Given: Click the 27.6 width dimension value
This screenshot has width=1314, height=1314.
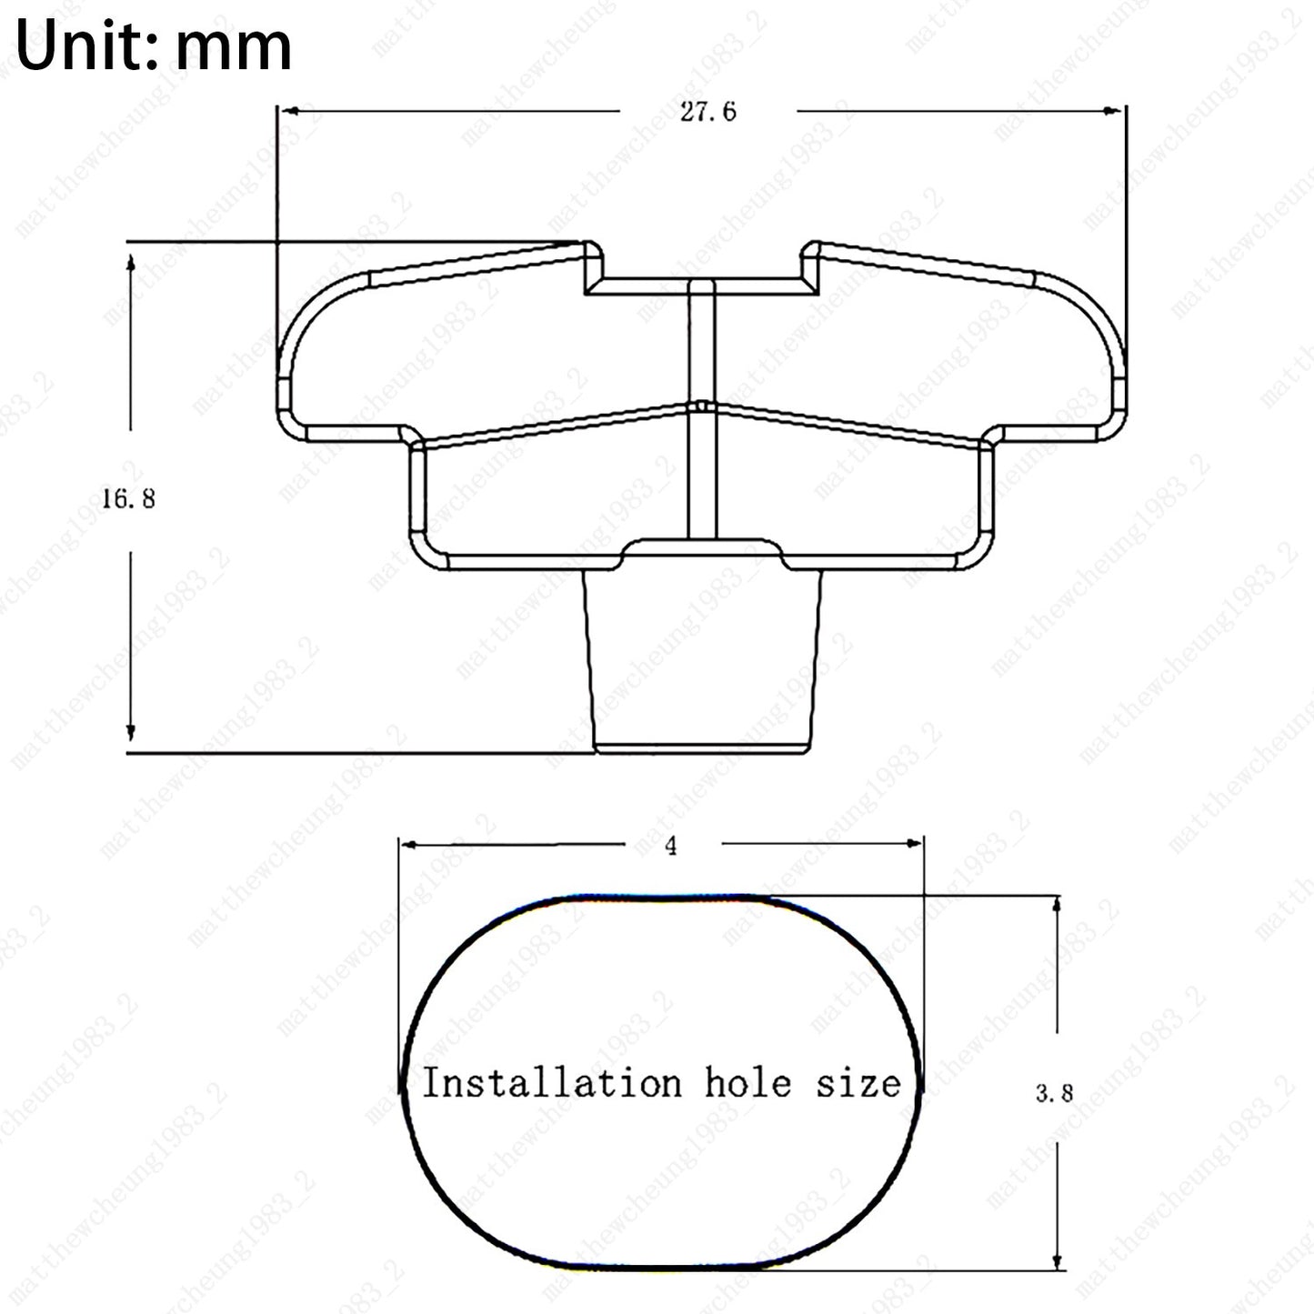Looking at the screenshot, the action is point(708,112).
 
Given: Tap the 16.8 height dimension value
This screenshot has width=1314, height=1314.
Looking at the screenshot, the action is point(129,499).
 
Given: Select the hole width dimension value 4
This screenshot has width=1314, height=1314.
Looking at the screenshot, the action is point(671,846).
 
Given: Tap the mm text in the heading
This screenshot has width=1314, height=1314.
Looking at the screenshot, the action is point(233,53).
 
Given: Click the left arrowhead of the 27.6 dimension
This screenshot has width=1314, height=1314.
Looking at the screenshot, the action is point(291,110).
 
